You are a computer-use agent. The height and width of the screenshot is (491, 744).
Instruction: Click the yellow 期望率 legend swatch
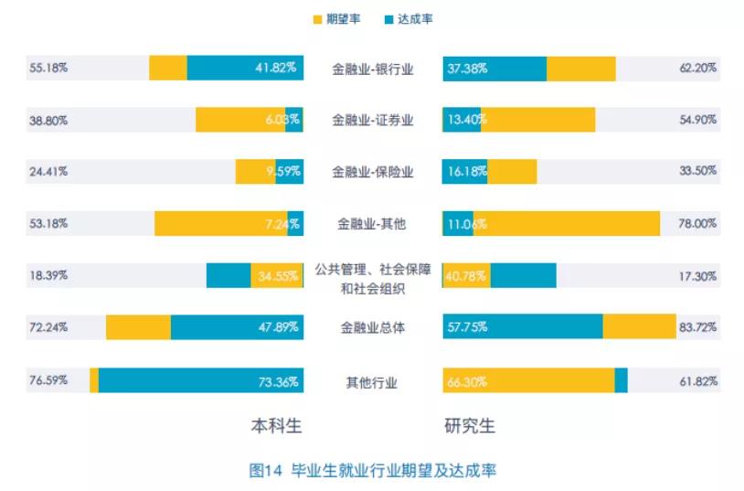tap(316, 18)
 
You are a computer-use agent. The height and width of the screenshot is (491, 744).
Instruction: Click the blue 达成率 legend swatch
tap(388, 18)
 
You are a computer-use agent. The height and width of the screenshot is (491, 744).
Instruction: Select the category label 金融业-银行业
tap(373, 69)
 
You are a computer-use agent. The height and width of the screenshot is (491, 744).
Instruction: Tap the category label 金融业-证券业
tap(373, 120)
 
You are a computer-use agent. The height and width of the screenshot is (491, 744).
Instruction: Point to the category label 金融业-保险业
tap(373, 172)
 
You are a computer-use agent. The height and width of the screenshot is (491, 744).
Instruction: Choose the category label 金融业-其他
tap(373, 224)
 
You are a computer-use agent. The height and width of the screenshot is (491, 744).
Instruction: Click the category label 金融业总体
tap(373, 327)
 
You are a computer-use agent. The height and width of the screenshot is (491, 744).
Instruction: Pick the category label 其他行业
tap(373, 382)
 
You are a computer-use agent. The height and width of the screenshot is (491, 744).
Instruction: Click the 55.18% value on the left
tap(48, 69)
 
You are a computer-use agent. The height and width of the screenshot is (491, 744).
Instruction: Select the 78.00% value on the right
tap(699, 224)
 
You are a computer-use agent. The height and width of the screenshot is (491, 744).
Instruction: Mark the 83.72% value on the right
tap(699, 327)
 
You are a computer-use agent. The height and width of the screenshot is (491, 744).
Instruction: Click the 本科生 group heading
tap(276, 426)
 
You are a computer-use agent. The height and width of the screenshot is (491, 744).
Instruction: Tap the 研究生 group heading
tap(470, 426)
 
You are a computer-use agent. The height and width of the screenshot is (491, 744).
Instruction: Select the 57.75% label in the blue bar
tap(467, 327)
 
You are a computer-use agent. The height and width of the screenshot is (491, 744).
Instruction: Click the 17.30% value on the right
tap(699, 275)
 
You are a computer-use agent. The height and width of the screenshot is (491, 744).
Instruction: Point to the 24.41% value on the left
tap(48, 172)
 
